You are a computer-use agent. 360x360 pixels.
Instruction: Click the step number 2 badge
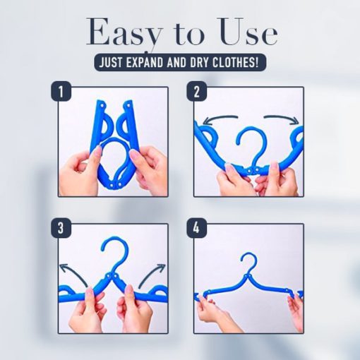(x=195, y=91)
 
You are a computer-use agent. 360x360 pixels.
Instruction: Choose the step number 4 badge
(x=195, y=228)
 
